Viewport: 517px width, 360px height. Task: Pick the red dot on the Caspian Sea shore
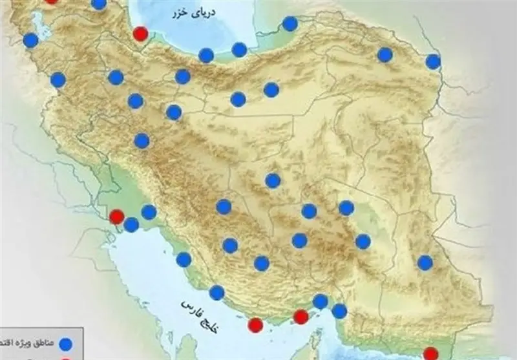click(140, 34)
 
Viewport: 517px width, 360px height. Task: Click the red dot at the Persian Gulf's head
click(117, 217)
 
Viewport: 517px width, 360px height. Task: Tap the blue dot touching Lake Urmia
click(30, 41)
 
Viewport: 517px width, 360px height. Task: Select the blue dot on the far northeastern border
click(433, 61)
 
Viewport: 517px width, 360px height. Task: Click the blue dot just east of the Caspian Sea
click(290, 24)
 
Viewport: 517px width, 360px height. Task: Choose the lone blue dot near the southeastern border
click(425, 262)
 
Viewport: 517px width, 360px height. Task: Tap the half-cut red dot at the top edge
click(51, 1)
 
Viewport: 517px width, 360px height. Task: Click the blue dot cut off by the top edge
click(99, 3)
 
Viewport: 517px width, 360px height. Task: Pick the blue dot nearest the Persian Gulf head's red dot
click(131, 224)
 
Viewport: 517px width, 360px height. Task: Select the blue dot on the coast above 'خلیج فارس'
click(216, 292)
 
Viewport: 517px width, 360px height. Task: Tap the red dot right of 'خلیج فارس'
click(256, 324)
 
